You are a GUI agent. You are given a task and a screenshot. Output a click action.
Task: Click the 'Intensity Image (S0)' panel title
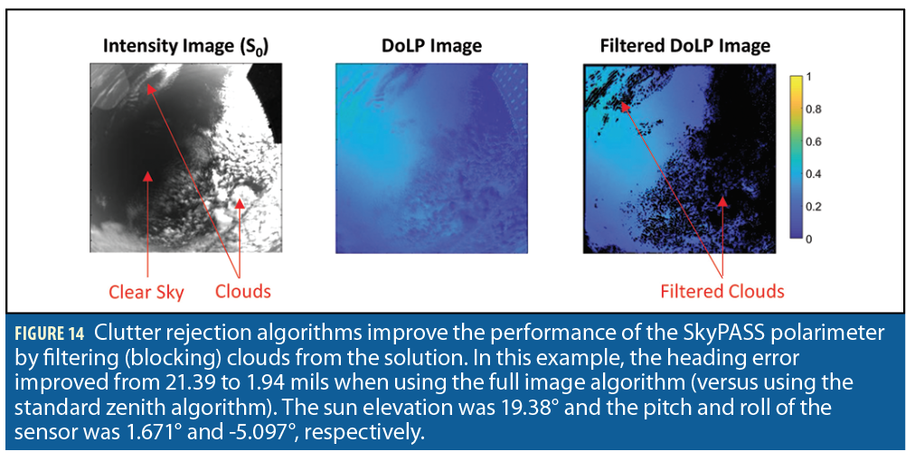tap(185, 47)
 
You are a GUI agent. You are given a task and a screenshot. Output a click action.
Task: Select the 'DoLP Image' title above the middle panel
tap(432, 46)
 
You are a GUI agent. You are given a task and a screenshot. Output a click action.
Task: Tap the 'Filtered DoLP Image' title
tap(685, 46)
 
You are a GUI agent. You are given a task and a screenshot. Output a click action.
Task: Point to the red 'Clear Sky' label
tap(146, 292)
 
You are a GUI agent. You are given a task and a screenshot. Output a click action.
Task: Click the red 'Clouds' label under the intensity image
tap(242, 291)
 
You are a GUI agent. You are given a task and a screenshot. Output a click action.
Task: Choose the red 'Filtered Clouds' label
tap(722, 290)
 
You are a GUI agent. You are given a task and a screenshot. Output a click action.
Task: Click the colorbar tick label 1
tap(809, 77)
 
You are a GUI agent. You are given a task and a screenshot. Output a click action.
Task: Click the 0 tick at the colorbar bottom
tap(809, 240)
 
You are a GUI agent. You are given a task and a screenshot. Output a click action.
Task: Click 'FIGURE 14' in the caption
tap(50, 334)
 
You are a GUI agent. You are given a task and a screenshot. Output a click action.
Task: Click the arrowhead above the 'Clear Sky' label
tap(147, 176)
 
